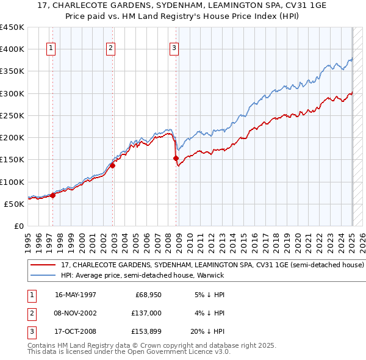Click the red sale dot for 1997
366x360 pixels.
[53, 195]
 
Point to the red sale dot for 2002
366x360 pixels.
[113, 165]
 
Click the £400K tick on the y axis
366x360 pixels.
[12, 49]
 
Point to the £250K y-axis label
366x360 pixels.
[12, 115]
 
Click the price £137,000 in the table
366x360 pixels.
[146, 313]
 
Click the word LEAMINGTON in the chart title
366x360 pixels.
[211, 6]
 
